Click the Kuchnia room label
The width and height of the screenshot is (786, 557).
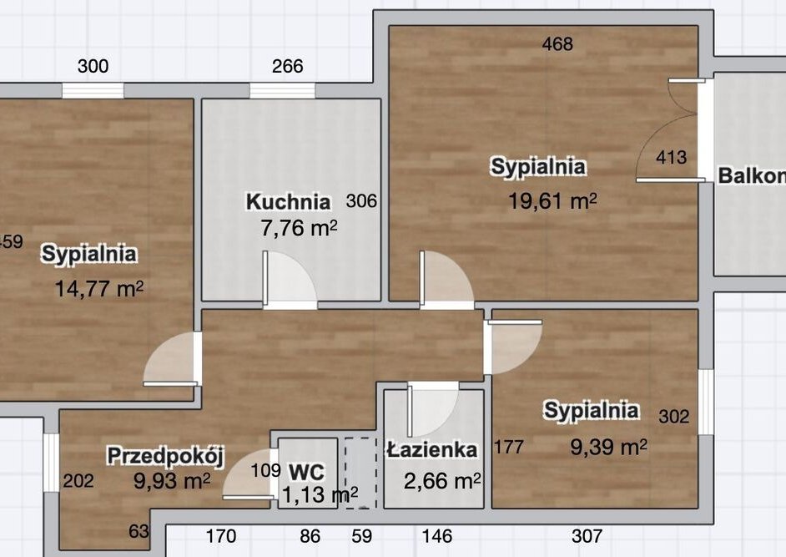pos(288,202)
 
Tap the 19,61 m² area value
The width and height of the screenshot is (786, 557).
pos(552,201)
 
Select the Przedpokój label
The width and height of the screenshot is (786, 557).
pos(166,456)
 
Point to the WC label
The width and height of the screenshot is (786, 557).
pos(307,472)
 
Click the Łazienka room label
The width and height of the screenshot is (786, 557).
pos(432,449)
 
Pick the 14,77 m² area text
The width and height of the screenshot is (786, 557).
pos(98,289)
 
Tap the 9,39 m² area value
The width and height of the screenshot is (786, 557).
pos(608,447)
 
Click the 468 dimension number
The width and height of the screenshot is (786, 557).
pos(557,44)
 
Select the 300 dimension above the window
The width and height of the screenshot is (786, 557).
pos(93,66)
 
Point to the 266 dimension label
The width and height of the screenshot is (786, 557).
pos(288,66)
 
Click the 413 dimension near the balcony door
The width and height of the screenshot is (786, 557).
pos(671,158)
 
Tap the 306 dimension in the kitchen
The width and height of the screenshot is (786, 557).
pos(361,201)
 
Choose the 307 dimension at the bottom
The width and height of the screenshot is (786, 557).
pos(587,536)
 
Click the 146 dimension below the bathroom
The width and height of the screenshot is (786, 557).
pos(437,536)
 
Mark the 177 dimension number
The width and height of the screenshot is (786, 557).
pos(509,447)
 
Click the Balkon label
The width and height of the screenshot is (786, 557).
pos(752,176)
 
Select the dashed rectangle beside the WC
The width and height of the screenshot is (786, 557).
pos(360,473)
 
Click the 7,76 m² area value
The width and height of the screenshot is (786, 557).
pos(299,228)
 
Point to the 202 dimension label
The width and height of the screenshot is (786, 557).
pos(78,481)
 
